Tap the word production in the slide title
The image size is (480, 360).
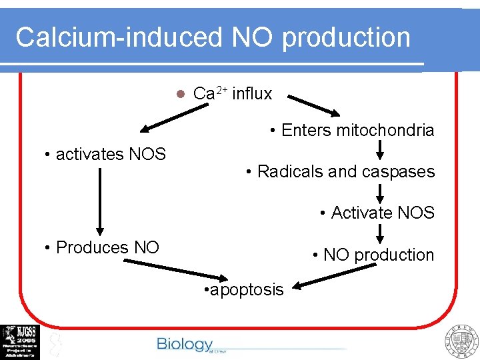pos(346,37)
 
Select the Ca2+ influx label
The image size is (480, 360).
pos(232,94)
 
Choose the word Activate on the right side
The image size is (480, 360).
pos(363,213)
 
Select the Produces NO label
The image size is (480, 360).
pos(101,247)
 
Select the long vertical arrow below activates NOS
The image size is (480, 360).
pos(99,200)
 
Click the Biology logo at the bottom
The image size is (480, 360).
pos(185,344)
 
